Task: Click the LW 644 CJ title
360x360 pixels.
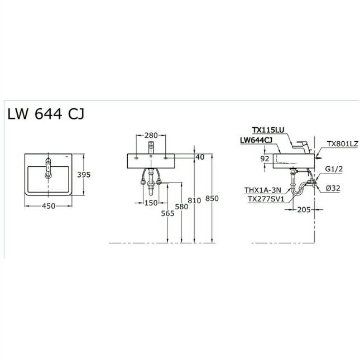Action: point(46,114)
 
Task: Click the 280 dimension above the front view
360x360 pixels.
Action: point(151,136)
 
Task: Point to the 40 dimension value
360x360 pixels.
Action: point(200,157)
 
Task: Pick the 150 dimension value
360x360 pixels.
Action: point(151,203)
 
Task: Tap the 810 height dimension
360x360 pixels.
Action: point(195,199)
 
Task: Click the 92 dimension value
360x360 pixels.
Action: point(266,159)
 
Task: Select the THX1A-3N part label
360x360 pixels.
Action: point(263,190)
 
